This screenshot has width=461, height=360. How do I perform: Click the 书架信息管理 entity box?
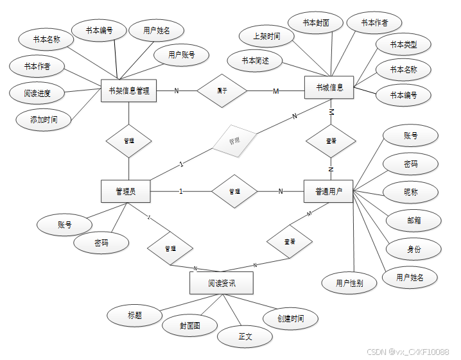click(x=129, y=90)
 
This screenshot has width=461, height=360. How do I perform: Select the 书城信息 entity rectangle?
click(x=329, y=87)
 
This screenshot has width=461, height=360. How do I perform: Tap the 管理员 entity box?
click(x=126, y=191)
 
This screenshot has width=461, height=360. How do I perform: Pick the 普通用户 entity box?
click(x=328, y=191)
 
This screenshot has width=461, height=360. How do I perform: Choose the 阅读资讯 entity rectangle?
click(x=221, y=283)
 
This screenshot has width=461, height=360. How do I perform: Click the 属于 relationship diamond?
click(x=222, y=90)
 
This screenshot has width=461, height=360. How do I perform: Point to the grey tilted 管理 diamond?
click(x=234, y=139)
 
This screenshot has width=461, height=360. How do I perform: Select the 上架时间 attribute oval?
click(x=266, y=37)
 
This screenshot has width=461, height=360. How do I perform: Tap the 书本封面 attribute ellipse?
click(x=317, y=22)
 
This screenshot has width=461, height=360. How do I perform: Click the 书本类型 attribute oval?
click(x=403, y=44)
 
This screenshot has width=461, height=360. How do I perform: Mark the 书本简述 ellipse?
click(x=256, y=60)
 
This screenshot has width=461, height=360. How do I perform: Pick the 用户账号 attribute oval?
click(x=182, y=55)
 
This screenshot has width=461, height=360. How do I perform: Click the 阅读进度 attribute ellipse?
click(x=37, y=93)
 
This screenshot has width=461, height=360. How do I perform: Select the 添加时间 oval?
click(x=43, y=119)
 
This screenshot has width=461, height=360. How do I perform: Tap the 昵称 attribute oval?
click(x=411, y=192)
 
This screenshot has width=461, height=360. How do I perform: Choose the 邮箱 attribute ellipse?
click(x=414, y=220)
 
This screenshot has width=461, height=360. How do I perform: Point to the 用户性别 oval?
click(x=349, y=282)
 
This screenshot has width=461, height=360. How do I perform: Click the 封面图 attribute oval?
click(x=189, y=326)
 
